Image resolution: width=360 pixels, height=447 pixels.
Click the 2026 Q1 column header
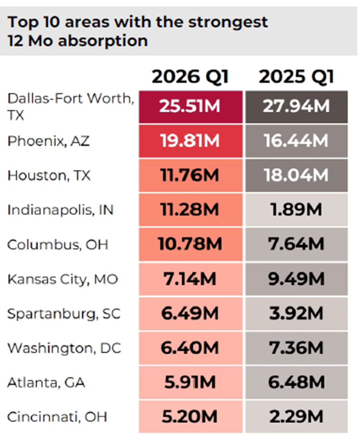tap(190, 77)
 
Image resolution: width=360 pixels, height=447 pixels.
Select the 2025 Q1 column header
tap(296, 77)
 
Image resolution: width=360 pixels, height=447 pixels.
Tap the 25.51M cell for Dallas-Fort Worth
tap(190, 106)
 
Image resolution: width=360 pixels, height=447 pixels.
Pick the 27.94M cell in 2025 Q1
tap(296, 106)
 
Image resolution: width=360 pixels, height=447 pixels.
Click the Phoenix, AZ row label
tap(49, 141)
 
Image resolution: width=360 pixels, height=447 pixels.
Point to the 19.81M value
tap(190, 141)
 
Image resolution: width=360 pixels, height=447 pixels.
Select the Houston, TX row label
tap(49, 175)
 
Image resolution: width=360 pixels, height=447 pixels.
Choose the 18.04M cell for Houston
tap(296, 175)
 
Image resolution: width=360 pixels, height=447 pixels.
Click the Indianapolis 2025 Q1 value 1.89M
tap(296, 210)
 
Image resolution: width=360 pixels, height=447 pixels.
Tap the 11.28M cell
tap(190, 210)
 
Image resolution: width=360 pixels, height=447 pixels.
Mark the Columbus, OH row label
tap(58, 244)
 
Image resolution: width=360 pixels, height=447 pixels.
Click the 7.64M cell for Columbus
tap(296, 244)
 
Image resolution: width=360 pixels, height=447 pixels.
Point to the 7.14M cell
tap(190, 279)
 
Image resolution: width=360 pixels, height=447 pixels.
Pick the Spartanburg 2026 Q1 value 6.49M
tap(190, 314)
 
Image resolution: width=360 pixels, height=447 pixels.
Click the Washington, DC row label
tap(64, 348)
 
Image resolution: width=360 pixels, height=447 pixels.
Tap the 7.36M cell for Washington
tap(296, 348)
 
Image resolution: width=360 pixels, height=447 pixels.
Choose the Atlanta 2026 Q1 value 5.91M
tap(190, 382)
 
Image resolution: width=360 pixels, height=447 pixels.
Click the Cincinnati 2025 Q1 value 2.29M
tap(296, 416)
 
